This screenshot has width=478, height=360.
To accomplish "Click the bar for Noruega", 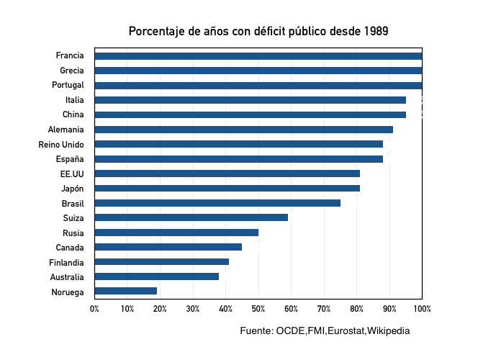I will click(x=126, y=292).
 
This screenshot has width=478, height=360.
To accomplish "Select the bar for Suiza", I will click(x=191, y=217).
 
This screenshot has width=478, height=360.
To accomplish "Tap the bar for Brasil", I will click(x=217, y=203).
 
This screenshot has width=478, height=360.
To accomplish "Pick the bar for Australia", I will click(x=157, y=276).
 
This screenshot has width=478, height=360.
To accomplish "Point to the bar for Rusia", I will click(x=176, y=233).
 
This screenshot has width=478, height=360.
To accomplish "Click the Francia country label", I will click(x=70, y=55).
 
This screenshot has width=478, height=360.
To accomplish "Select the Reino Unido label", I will click(x=61, y=144).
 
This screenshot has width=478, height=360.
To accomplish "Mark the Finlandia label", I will click(x=66, y=262).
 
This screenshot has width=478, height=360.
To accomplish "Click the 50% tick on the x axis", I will click(x=258, y=309).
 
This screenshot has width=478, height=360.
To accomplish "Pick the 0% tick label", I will click(x=94, y=309).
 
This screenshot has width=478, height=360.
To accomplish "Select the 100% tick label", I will click(x=423, y=309).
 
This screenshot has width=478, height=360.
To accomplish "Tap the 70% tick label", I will click(x=324, y=309).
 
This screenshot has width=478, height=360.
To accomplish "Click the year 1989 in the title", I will click(x=376, y=32).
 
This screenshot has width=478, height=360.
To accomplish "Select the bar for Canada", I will click(x=168, y=247).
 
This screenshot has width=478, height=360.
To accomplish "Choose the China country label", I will click(x=73, y=114).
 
